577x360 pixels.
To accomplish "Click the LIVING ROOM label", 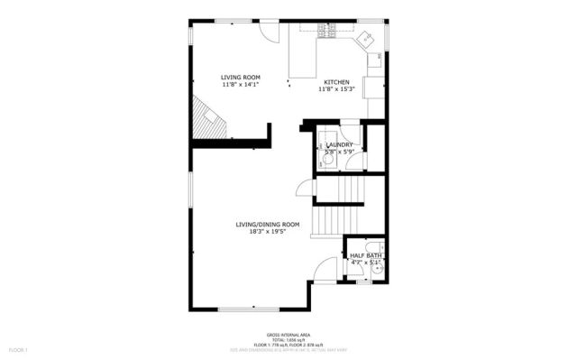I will pyautogui.click(x=241, y=78).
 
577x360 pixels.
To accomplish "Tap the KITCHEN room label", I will pyautogui.click(x=336, y=81).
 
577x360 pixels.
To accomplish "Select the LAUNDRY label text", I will pyautogui.click(x=339, y=144).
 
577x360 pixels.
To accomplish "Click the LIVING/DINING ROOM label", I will pyautogui.click(x=267, y=224).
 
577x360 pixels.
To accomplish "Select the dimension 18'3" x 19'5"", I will pyautogui.click(x=267, y=232).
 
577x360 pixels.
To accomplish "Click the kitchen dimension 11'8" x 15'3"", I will pyautogui.click(x=336, y=89).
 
